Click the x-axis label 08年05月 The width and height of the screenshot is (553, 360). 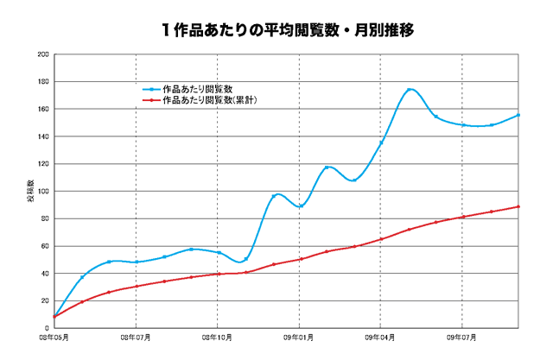(x=54, y=338)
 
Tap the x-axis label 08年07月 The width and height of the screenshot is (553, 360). (x=137, y=338)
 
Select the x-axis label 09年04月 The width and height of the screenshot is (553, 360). (x=381, y=338)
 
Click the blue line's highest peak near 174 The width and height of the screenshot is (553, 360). (x=409, y=90)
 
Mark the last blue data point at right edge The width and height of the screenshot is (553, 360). (x=518, y=115)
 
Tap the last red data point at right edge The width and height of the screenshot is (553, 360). (x=518, y=206)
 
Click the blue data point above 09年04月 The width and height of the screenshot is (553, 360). (x=381, y=142)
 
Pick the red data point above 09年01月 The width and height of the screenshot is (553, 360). (x=300, y=259)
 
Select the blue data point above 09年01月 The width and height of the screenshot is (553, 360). (x=300, y=206)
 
